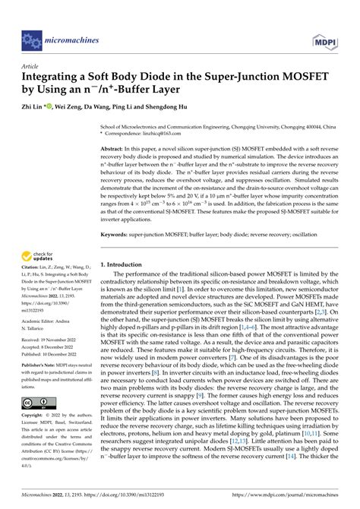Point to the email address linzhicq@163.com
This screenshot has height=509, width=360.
[158, 132]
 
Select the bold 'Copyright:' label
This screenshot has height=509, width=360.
[36, 416]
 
